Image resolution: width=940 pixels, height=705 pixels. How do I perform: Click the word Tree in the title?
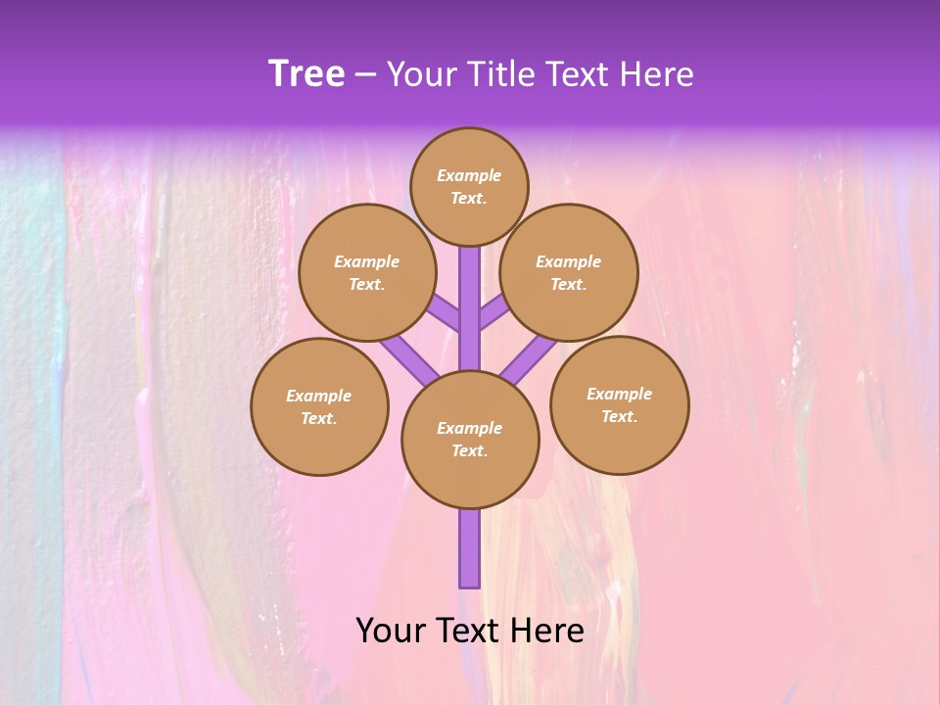(x=306, y=74)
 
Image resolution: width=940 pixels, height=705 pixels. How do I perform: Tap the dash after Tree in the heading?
(x=365, y=75)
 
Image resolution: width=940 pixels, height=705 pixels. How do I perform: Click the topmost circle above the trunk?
(x=469, y=186)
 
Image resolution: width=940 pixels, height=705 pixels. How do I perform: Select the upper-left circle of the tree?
(x=367, y=272)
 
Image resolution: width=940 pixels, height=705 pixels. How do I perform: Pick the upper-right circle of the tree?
(x=569, y=272)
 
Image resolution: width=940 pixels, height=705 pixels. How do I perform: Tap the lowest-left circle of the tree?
(x=319, y=406)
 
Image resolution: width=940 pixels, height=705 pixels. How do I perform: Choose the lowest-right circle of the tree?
(x=619, y=404)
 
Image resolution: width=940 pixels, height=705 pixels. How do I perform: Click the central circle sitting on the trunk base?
(x=470, y=439)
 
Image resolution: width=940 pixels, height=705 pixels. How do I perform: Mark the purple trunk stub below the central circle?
(x=470, y=548)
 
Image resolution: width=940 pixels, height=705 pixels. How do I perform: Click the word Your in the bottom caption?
(x=390, y=631)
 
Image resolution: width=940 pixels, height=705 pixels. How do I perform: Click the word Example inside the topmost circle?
(x=469, y=175)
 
